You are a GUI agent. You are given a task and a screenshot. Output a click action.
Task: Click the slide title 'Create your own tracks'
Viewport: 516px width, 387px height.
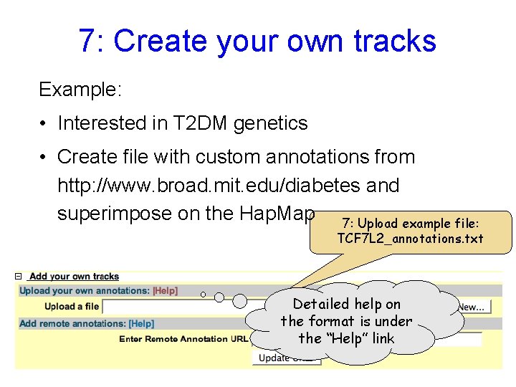coord(257,41)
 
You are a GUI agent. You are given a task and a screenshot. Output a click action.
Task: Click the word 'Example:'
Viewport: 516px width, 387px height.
coord(81,90)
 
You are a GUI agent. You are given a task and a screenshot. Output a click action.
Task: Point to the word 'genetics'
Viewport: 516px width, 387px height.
coord(271,123)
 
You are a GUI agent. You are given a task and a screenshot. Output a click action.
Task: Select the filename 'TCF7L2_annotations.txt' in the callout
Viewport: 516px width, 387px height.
coord(410,239)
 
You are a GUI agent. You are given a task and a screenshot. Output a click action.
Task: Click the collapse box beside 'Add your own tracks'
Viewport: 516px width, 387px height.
coord(20,277)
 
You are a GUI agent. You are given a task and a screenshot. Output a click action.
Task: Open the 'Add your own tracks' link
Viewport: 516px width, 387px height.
coord(75,277)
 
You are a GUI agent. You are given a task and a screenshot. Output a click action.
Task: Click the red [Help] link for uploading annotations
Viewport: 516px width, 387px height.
coord(165,291)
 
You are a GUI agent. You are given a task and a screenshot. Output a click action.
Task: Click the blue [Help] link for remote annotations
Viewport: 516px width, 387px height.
coord(141,324)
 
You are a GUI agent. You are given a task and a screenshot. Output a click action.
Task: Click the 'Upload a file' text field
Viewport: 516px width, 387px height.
coord(179,307)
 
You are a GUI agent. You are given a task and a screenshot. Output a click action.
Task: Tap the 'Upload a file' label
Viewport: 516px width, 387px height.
coord(72,307)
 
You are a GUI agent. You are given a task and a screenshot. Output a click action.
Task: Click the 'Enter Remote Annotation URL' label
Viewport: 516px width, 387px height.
coord(183,339)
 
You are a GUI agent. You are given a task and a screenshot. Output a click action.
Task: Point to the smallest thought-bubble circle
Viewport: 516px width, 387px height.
coord(203,295)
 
